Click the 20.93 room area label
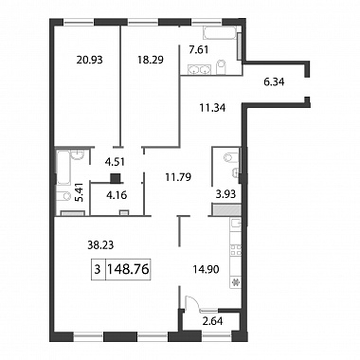coord(90,60)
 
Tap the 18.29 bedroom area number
coord(151,60)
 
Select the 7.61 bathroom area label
coord(200,49)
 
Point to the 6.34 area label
coord(274,82)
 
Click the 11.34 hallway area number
coord(212,108)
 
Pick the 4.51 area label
coord(115,162)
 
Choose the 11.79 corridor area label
coord(178,177)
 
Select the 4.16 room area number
coord(117,195)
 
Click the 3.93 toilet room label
coord(226,193)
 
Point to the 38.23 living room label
coord(100,244)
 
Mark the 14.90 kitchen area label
coord(206,269)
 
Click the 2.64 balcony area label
coord(212,321)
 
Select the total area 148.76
coord(128,269)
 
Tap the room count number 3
coord(98,270)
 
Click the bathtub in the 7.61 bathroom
coord(220,33)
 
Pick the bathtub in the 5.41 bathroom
coord(63,168)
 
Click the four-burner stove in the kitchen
coord(235,250)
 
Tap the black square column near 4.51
coord(116,178)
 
